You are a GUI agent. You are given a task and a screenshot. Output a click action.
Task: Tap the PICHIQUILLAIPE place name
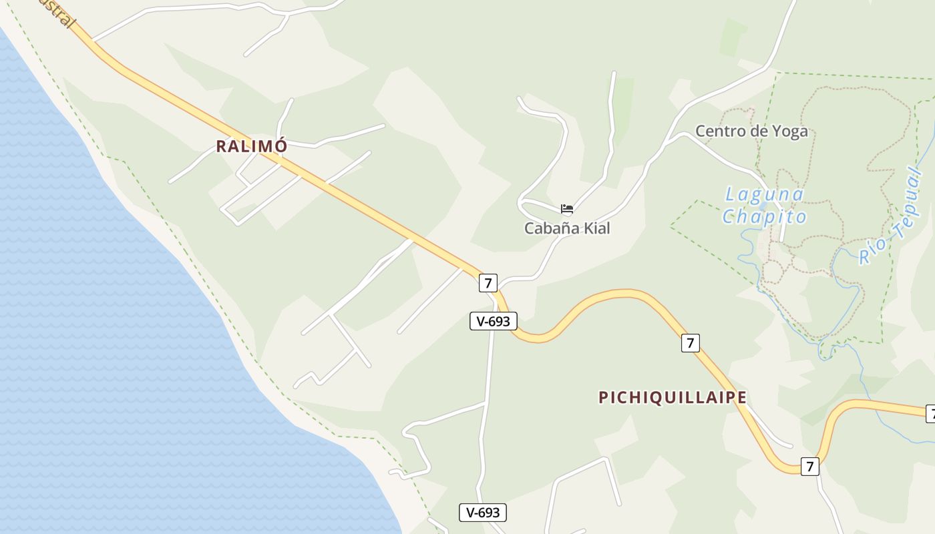click(x=673, y=397)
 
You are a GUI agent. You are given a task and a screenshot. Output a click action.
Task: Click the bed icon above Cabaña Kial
click(x=567, y=209)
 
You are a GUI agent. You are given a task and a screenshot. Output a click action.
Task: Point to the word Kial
click(x=597, y=228)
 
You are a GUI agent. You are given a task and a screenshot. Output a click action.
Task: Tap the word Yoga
click(x=790, y=131)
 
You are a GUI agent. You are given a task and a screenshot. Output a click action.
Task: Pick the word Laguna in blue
click(x=765, y=195)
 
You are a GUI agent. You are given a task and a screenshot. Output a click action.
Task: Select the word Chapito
click(x=765, y=217)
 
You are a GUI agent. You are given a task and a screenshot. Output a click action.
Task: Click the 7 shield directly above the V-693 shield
click(x=488, y=283)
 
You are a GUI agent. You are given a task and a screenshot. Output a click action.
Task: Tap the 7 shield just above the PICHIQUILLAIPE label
click(x=691, y=343)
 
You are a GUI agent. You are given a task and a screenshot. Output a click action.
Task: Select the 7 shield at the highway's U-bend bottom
click(x=809, y=466)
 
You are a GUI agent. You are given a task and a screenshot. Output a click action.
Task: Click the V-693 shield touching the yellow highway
click(x=494, y=321)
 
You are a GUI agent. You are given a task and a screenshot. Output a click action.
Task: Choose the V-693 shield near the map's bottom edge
click(x=483, y=513)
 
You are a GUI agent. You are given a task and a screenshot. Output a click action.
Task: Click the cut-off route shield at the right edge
click(x=930, y=414)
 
